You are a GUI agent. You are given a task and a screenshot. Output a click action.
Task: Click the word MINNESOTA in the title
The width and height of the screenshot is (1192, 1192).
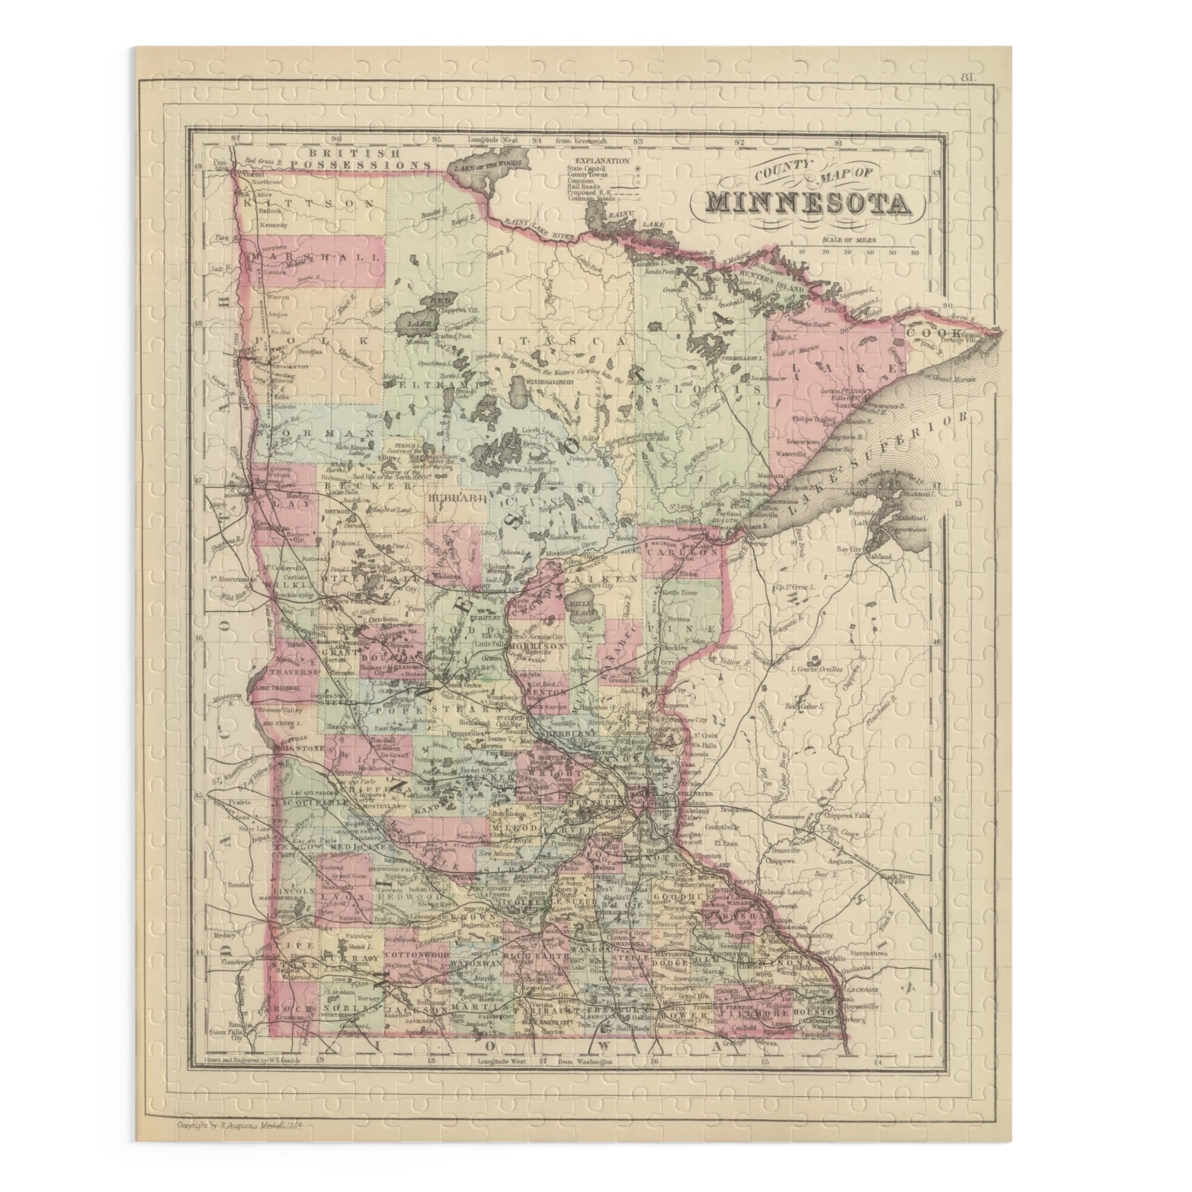808,204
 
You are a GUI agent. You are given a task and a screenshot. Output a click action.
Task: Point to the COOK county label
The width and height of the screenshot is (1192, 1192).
926,332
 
